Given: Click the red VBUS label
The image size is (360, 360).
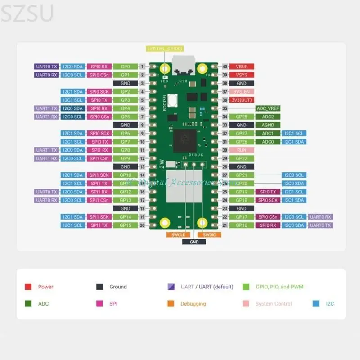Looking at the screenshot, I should tap(242, 67).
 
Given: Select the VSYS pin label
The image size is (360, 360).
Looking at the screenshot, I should tap(242, 75).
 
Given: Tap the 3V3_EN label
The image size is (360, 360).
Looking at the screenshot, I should tap(242, 92).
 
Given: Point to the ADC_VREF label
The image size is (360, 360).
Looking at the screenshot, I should tap(268, 108).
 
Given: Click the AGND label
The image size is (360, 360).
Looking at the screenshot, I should tap(268, 125).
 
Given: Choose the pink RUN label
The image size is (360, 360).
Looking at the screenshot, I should tap(242, 150).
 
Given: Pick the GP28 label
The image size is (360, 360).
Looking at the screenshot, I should tap(242, 117).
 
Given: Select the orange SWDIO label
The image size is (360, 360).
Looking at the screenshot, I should tap(209, 234).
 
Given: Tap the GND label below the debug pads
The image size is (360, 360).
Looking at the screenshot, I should tap(194, 242).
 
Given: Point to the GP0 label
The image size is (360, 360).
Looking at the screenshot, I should tap(126, 67).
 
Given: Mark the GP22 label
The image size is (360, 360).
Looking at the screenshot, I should tap(242, 158).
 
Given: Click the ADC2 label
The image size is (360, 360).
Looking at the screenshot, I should tap(268, 117).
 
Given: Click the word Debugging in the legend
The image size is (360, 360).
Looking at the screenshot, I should tap(193, 304).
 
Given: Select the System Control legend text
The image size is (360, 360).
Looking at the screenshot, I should tap(273, 304).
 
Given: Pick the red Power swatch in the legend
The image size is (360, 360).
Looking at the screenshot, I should tap(28, 287).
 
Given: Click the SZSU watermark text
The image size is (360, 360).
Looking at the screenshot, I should tap(27, 13).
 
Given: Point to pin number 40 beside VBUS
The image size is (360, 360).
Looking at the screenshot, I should tap(225, 67).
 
